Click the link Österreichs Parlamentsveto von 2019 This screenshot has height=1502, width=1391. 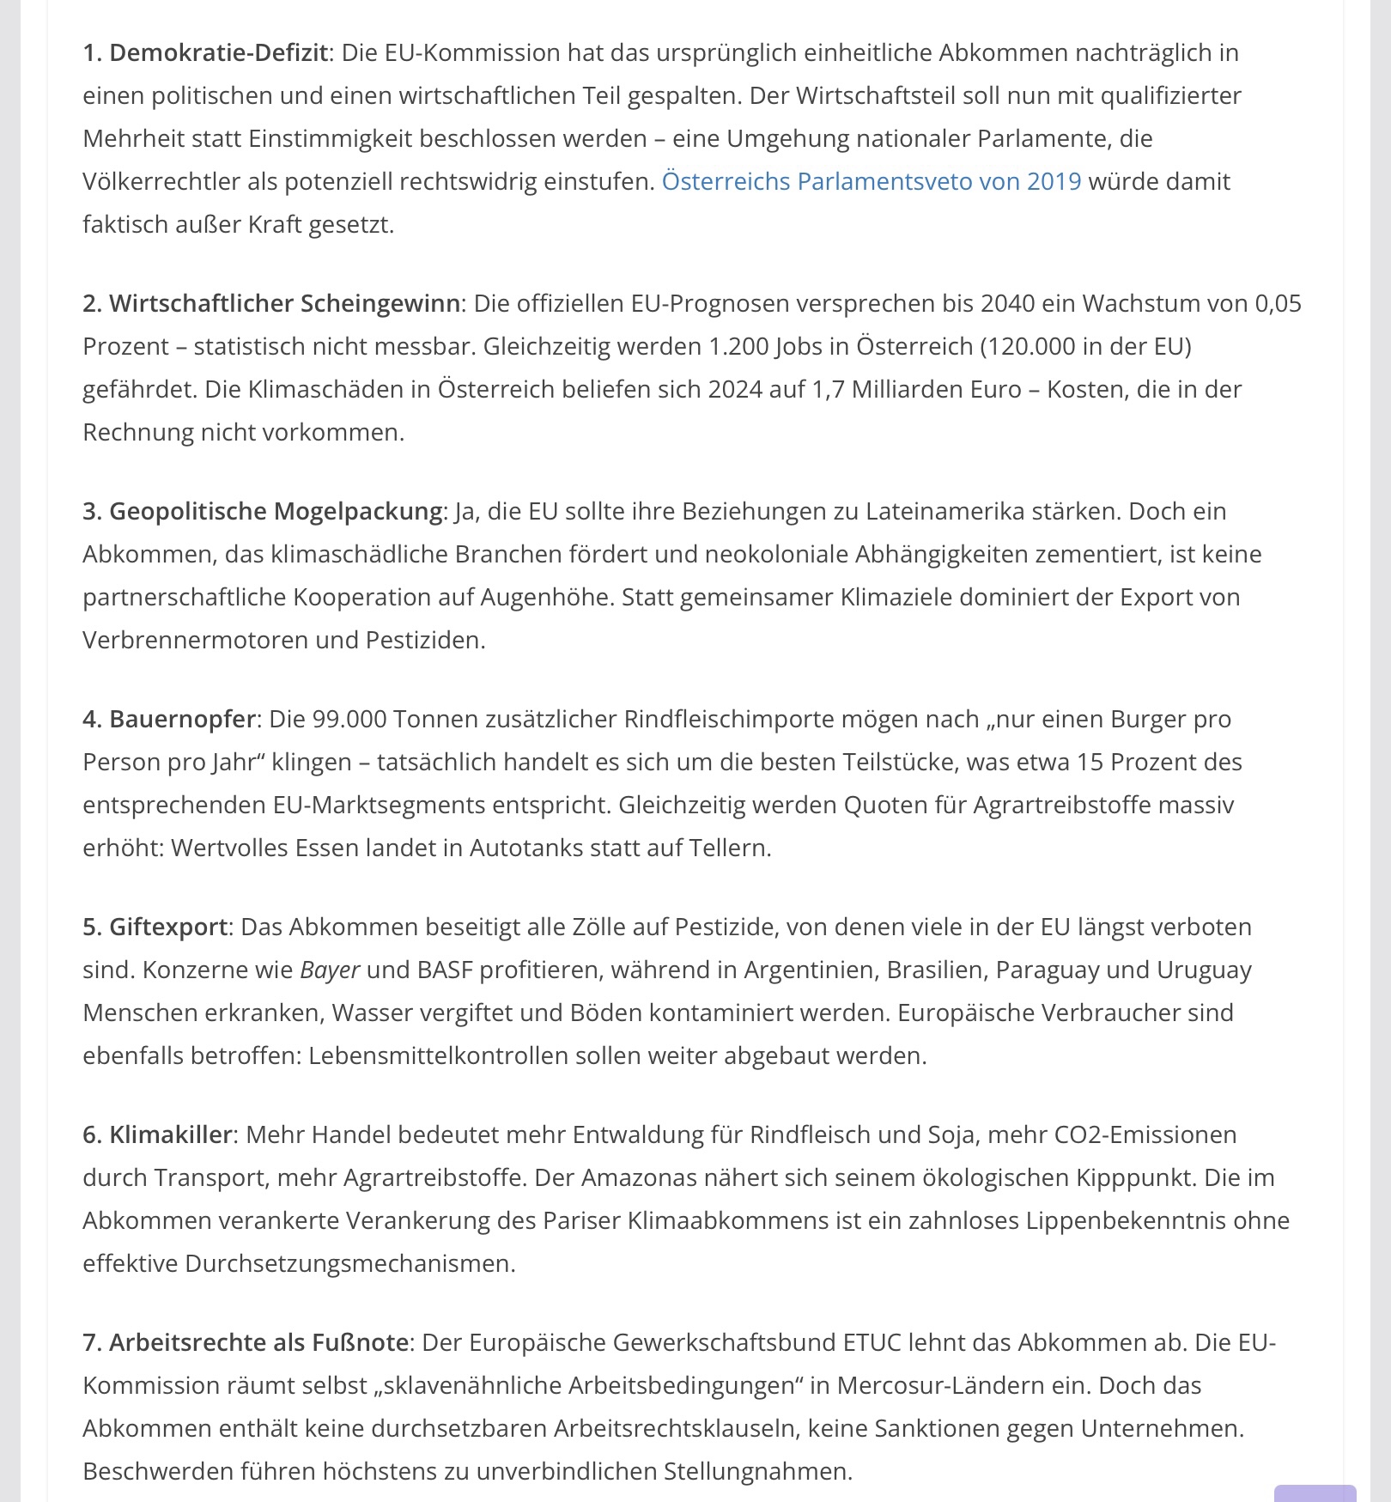point(871,181)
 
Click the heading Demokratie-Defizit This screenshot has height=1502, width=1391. point(218,52)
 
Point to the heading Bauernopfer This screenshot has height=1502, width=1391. point(182,719)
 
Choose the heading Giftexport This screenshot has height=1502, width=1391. point(168,927)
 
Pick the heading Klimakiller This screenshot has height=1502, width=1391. point(170,1134)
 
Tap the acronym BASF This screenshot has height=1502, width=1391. point(445,970)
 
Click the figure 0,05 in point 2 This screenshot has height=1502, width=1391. point(1278,303)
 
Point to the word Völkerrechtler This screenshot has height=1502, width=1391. point(161,181)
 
